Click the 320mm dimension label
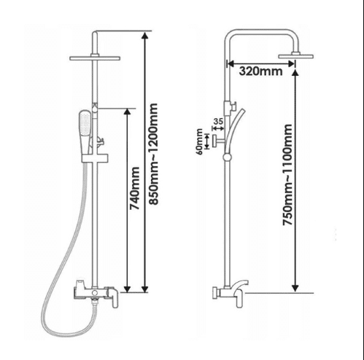click(x=260, y=71)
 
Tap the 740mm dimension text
click(x=134, y=188)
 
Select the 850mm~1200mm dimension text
click(x=153, y=154)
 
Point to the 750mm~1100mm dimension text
click(x=287, y=175)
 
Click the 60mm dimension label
click(x=199, y=141)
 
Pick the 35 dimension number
click(x=218, y=121)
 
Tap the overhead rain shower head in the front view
click(x=95, y=58)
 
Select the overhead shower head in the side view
click(x=295, y=56)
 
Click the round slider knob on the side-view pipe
click(x=227, y=157)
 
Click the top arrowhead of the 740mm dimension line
click(x=127, y=111)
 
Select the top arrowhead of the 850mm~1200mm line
click(x=145, y=35)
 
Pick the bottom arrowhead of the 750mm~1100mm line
click(x=295, y=288)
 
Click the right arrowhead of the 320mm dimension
click(x=291, y=64)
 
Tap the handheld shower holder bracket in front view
click(x=95, y=159)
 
